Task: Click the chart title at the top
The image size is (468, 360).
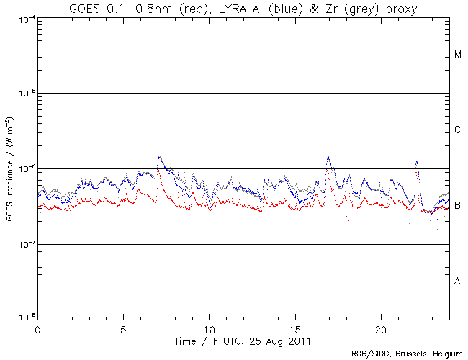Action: click(243, 8)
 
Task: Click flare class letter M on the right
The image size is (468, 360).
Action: click(458, 55)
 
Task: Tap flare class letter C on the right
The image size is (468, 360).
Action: click(458, 130)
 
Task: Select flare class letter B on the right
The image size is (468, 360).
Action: click(458, 206)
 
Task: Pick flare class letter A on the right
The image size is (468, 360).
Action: click(458, 281)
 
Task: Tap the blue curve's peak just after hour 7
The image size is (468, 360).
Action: click(158, 156)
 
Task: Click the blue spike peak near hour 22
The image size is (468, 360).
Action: click(416, 162)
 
